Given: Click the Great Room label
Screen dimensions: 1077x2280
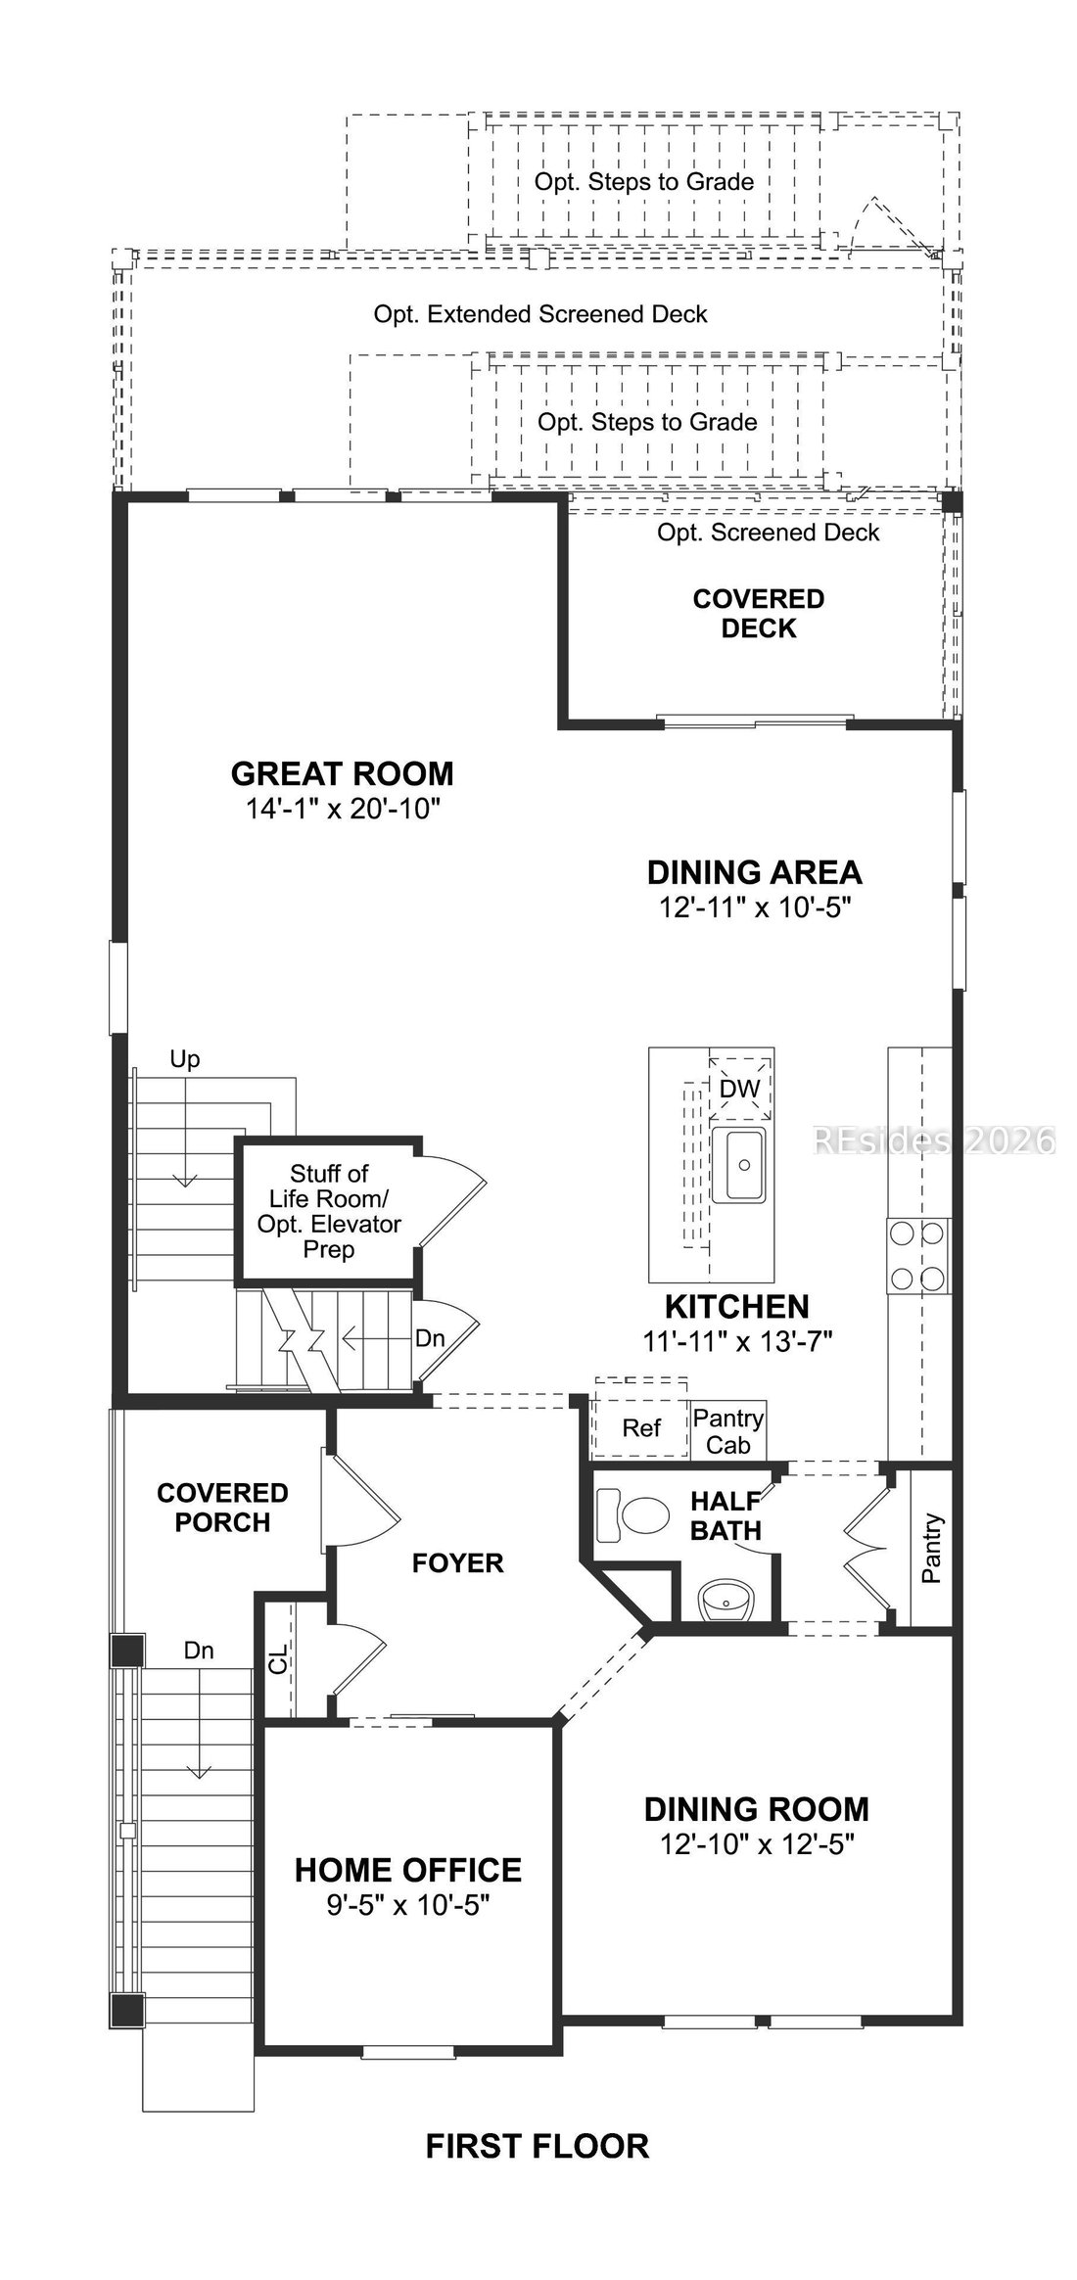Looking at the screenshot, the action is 342,773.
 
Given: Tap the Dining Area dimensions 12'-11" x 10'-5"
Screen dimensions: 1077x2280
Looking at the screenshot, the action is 754,907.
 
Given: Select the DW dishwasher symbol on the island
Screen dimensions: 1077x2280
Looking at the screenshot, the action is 740,1088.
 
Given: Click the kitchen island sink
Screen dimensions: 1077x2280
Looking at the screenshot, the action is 741,1165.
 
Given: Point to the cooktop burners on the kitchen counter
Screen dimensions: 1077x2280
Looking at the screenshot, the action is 917,1254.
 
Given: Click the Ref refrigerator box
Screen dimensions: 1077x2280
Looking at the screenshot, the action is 641,1427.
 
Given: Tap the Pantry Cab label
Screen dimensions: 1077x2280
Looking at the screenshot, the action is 727,1430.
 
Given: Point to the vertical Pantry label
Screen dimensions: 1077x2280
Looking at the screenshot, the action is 931,1548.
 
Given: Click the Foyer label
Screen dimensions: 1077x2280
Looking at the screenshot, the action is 457,1562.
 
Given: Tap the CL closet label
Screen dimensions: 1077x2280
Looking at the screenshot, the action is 279,1659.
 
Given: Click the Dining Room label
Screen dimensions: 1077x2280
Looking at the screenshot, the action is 756,1808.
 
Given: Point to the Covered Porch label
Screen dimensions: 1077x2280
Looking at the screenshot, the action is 222,1507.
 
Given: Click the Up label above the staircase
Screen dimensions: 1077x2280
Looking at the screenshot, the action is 185,1059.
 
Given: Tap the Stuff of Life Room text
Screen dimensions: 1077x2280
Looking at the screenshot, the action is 329,1186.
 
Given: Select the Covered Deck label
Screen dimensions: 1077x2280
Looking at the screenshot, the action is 759,613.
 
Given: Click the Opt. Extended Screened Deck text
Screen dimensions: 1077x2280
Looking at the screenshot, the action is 540,314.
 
